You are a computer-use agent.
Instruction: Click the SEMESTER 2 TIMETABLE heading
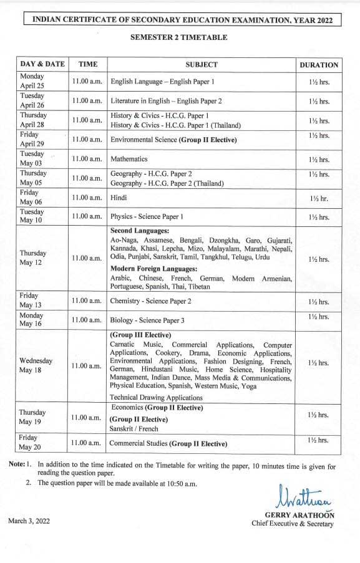(178, 37)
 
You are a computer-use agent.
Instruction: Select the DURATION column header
(319, 64)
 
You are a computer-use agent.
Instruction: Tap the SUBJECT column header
(202, 64)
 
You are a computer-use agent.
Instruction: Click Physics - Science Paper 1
(147, 217)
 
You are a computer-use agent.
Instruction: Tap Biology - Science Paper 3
(147, 320)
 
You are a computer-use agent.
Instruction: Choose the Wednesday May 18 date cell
(36, 365)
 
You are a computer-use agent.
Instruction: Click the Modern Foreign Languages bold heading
(153, 268)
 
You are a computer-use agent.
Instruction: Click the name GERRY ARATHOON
(299, 515)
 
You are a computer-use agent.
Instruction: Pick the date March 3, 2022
(30, 520)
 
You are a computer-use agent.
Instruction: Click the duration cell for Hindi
(319, 198)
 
